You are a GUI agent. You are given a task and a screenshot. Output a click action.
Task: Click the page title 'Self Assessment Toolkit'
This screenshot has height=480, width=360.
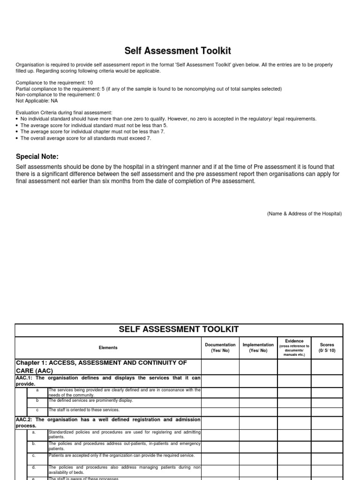coord(178,51)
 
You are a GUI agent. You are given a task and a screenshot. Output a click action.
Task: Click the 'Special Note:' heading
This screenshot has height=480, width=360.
coord(37,157)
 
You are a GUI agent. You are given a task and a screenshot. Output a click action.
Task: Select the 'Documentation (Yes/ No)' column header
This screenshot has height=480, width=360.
coord(220,347)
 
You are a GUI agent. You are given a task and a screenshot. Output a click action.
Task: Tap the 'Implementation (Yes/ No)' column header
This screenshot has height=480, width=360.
coord(258,347)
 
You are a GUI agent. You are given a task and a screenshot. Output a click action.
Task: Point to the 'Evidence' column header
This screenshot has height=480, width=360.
coord(294,341)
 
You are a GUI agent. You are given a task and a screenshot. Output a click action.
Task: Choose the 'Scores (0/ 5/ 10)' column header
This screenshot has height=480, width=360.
coord(327,347)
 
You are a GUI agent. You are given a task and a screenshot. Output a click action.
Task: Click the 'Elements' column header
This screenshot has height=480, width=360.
coord(108,348)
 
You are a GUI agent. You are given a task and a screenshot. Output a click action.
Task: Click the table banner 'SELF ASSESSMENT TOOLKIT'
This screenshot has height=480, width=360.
coord(179,330)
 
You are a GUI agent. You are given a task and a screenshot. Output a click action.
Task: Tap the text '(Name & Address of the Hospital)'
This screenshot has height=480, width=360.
coord(304,214)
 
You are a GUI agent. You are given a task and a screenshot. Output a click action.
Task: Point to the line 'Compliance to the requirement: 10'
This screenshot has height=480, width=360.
coord(54,82)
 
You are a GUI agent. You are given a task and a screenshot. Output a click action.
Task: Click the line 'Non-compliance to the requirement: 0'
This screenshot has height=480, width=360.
coord(58,94)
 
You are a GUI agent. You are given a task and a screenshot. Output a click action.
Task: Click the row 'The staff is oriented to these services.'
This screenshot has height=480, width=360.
coord(84,410)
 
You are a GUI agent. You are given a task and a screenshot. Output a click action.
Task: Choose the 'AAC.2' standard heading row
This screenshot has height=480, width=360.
coord(108,422)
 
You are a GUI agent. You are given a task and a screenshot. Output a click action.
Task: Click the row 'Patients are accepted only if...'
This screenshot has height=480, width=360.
coord(121,456)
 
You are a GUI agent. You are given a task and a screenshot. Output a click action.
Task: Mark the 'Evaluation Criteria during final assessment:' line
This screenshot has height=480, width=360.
coord(64,112)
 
